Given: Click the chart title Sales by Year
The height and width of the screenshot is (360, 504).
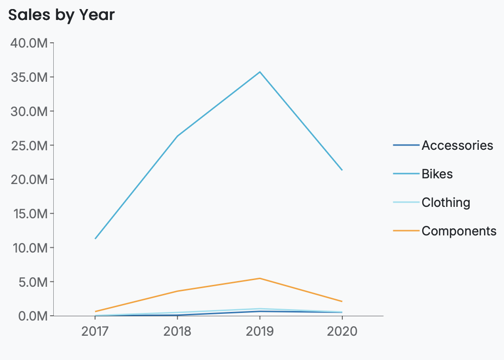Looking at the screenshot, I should (x=61, y=15).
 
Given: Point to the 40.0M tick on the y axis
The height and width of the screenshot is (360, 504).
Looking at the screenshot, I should (x=29, y=43).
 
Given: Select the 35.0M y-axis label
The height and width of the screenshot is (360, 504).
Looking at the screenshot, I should (x=29, y=77).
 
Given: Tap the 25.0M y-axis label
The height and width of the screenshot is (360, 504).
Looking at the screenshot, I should (x=29, y=146).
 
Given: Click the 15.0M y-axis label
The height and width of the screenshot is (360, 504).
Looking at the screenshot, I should (x=29, y=214).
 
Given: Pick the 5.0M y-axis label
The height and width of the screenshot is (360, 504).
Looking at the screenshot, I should (x=31, y=282).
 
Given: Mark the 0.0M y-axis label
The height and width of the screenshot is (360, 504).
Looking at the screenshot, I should (x=31, y=316).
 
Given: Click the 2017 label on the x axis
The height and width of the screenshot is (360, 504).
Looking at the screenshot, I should (x=95, y=331).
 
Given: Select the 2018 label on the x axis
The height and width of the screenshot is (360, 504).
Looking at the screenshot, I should (x=177, y=331).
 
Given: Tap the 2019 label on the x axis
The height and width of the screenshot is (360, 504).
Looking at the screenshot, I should (x=260, y=331).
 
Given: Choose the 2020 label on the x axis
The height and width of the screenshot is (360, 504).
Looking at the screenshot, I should (x=342, y=331).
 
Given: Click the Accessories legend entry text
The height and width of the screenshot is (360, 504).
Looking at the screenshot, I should (x=457, y=145).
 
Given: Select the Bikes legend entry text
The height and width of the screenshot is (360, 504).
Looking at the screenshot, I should (x=437, y=174).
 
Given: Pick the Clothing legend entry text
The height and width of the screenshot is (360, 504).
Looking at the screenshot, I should (x=446, y=203).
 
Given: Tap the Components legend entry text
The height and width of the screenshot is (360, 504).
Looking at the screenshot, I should (x=459, y=231).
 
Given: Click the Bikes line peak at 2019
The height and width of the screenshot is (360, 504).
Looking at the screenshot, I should (x=260, y=72).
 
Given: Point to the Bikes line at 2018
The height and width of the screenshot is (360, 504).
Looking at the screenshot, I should (x=177, y=136).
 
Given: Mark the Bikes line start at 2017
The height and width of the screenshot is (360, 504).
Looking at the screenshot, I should (x=96, y=238).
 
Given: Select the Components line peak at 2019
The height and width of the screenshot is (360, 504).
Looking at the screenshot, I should (x=260, y=278).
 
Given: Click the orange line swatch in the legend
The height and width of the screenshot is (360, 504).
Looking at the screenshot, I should (x=406, y=231).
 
